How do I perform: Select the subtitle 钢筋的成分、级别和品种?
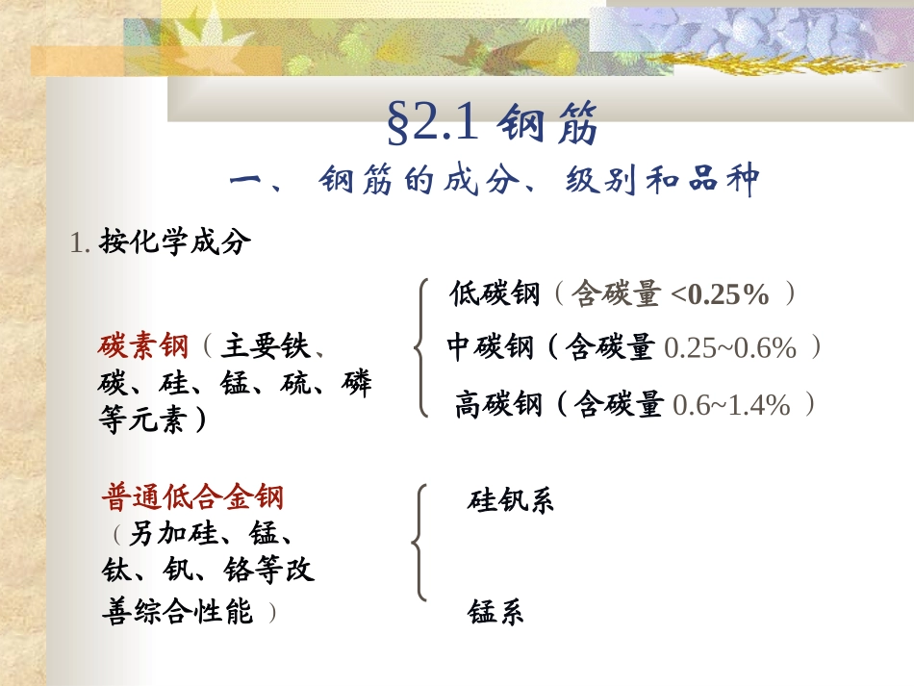click(x=539, y=180)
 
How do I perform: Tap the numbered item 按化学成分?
click(x=174, y=242)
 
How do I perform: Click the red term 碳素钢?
click(x=143, y=345)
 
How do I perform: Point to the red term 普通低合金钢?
click(x=192, y=498)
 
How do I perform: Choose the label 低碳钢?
click(x=495, y=294)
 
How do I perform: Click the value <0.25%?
click(x=721, y=295)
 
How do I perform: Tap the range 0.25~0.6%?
click(x=730, y=348)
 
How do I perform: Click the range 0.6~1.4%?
click(x=731, y=406)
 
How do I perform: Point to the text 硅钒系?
click(x=511, y=501)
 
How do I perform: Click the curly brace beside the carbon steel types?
click(x=420, y=347)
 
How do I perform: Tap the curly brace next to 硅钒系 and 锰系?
click(x=419, y=544)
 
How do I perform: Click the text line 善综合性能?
click(x=177, y=611)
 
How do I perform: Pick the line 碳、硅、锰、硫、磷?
click(x=235, y=384)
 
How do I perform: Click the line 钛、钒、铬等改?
click(x=208, y=572)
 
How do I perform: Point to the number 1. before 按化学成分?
click(x=80, y=243)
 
